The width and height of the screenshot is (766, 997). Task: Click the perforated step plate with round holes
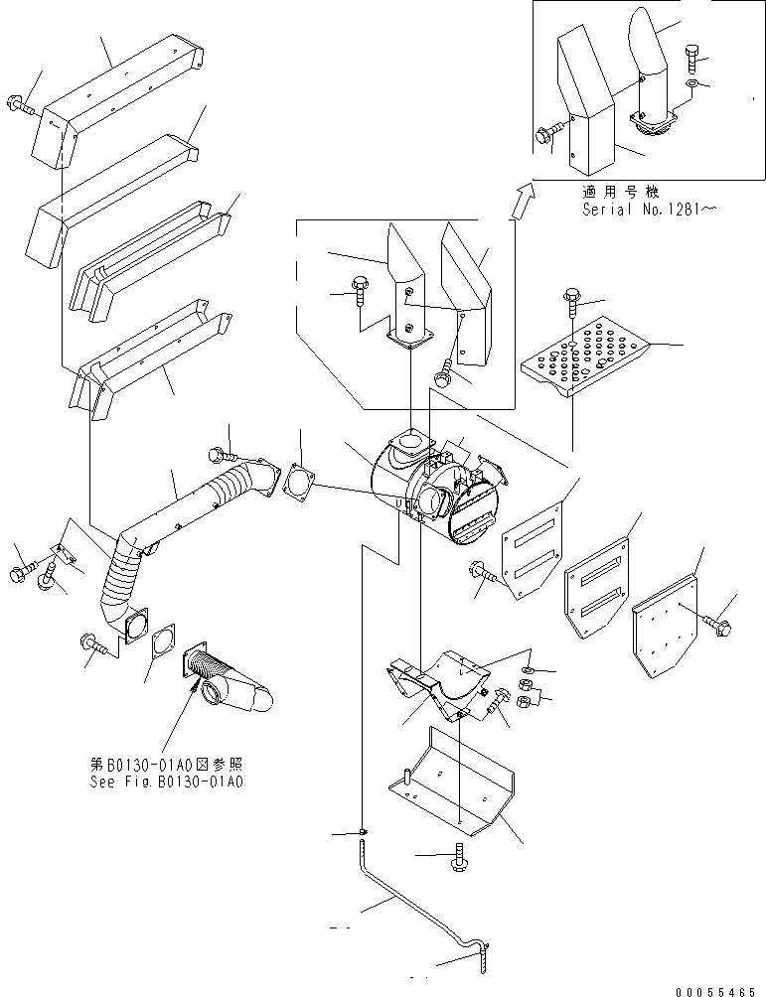coord(586,356)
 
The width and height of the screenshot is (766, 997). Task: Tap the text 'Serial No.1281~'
coord(649,210)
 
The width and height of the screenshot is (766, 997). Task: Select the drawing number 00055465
coord(716,991)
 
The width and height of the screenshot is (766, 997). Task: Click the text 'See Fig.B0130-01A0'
coord(166,782)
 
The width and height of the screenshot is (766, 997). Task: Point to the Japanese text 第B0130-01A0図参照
coord(166,765)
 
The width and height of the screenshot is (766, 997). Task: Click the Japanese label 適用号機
coord(621,192)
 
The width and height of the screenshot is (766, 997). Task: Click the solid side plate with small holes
coord(666,625)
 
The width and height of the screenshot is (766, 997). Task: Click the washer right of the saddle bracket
coord(530,670)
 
